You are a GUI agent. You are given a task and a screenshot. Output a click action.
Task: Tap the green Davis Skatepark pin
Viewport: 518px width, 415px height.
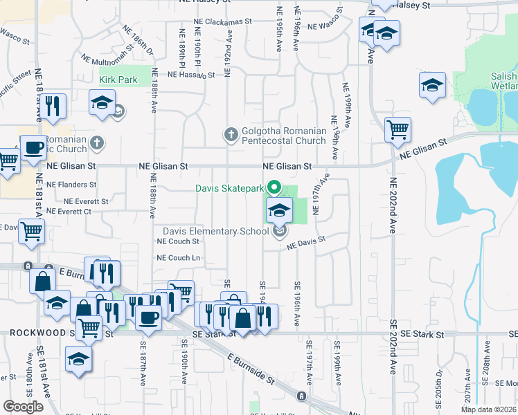pyautogui.click(x=275, y=187)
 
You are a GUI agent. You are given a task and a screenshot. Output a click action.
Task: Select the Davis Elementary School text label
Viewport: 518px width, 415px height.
pyautogui.click(x=215, y=231)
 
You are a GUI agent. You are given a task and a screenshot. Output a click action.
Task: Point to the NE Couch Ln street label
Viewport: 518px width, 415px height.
pyautogui.click(x=179, y=257)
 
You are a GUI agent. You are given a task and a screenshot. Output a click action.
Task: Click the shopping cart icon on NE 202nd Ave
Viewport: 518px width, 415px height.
pyautogui.click(x=398, y=129)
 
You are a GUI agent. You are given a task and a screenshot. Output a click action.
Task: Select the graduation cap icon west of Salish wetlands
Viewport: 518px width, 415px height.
pyautogui.click(x=432, y=85)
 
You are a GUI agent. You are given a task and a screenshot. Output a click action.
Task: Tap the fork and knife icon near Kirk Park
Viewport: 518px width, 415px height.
pyautogui.click(x=52, y=106)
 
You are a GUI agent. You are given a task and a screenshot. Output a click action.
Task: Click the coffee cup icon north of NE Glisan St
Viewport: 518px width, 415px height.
pyautogui.click(x=33, y=147)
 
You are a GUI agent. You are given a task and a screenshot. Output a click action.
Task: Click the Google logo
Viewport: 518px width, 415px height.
pyautogui.click(x=23, y=407)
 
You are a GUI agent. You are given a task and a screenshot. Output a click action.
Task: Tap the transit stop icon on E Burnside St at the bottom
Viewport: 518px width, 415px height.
pyautogui.click(x=301, y=396)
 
